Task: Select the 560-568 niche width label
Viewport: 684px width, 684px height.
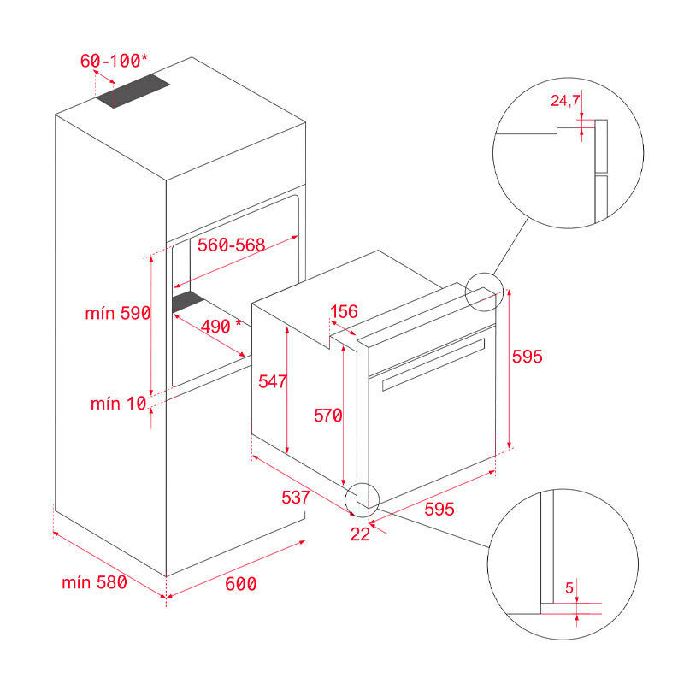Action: [x=232, y=245]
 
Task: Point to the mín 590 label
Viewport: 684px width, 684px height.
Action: [x=118, y=313]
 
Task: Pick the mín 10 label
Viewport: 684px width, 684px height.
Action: [x=119, y=404]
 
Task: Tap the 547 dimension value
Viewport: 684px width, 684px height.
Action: [x=273, y=381]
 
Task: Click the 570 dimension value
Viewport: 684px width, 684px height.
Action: [x=327, y=416]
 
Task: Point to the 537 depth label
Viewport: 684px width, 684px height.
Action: [x=294, y=497]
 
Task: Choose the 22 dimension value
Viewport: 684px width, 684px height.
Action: [x=361, y=534]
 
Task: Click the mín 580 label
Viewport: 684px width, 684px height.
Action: [x=94, y=583]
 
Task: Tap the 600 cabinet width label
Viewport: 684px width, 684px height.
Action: [x=240, y=584]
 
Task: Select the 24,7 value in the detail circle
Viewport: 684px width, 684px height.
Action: [x=565, y=102]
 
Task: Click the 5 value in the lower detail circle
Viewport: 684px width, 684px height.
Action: [x=569, y=588]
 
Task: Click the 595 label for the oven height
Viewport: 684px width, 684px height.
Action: [x=528, y=357]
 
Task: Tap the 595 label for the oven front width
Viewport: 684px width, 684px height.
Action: [x=439, y=509]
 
